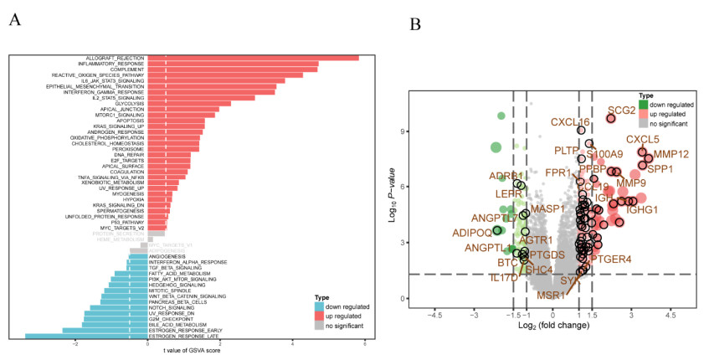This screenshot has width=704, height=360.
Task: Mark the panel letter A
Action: point(15,20)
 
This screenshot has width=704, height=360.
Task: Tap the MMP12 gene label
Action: point(671,154)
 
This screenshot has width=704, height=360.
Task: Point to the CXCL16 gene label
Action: point(569,122)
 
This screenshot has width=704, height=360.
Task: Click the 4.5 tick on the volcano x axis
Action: point(670,316)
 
